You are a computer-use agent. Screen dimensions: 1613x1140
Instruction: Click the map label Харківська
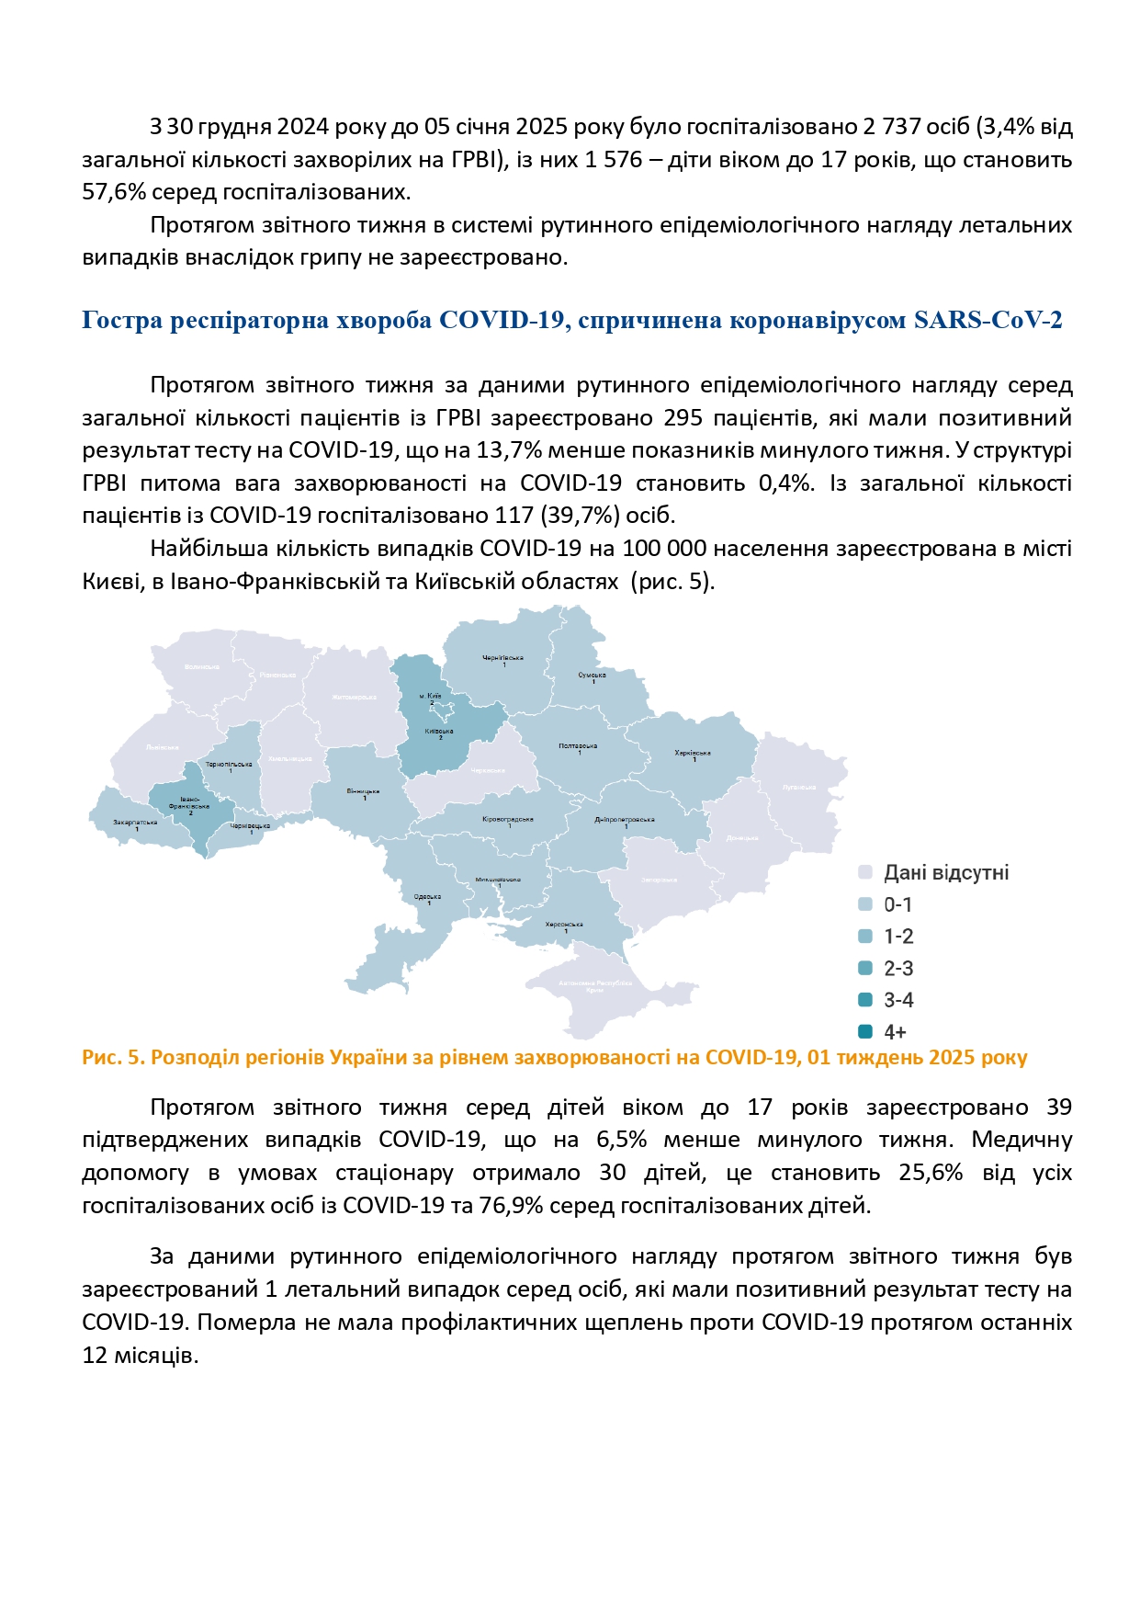tap(692, 753)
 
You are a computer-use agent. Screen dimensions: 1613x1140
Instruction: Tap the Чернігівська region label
tap(502, 658)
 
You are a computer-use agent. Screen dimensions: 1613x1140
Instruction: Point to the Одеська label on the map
tap(427, 896)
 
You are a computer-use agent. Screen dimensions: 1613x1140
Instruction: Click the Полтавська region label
tap(578, 745)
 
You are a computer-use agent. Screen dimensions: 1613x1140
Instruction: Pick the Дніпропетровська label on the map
tap(624, 820)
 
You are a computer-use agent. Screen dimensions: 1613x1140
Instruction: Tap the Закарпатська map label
tap(135, 822)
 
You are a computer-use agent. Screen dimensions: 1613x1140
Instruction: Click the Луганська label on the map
tap(798, 787)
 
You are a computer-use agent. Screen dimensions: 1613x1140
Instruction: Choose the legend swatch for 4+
tap(865, 1031)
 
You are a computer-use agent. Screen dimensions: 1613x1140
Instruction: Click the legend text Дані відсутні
tap(945, 872)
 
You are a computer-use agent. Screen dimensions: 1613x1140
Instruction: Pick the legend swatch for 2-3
tap(865, 968)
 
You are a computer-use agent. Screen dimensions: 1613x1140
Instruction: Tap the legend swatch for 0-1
tap(865, 904)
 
